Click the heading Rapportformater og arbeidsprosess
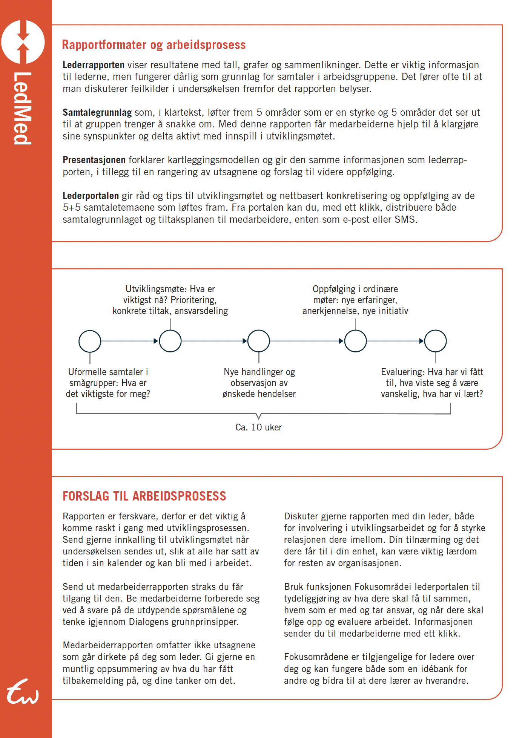(x=154, y=45)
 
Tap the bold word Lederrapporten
(x=93, y=65)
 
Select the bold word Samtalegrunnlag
(x=97, y=112)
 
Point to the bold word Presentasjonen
(x=94, y=160)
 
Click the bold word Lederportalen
(x=91, y=196)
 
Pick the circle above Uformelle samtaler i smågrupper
(x=90, y=341)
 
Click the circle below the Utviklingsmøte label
(x=170, y=341)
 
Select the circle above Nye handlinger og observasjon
(x=258, y=341)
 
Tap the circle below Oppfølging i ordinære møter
(x=355, y=341)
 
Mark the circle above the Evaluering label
(x=435, y=341)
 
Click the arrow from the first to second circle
(x=130, y=341)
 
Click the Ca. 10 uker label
(x=258, y=427)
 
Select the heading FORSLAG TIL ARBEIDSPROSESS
(x=144, y=496)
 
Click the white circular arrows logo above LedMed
(x=23, y=42)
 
